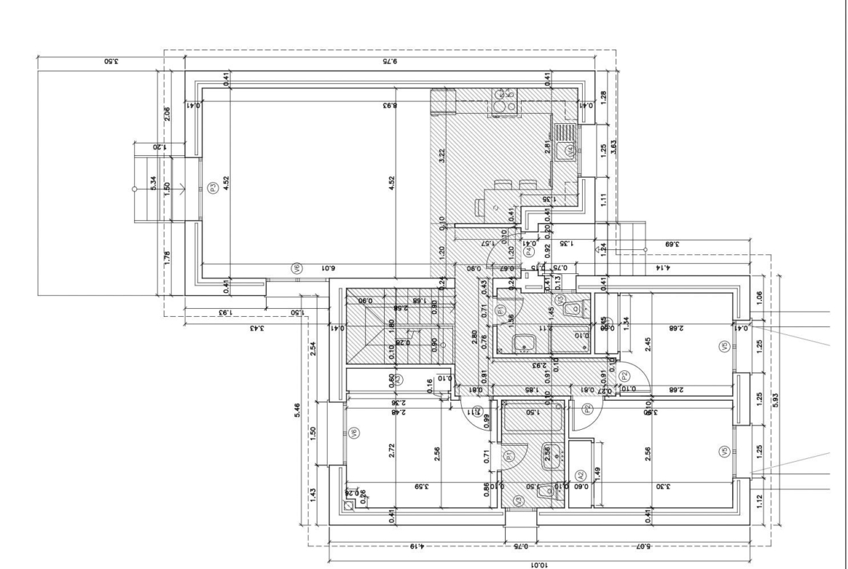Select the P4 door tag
(529, 252)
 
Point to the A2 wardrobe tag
(580, 475)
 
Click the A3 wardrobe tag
(397, 378)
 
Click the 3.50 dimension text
(111, 62)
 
